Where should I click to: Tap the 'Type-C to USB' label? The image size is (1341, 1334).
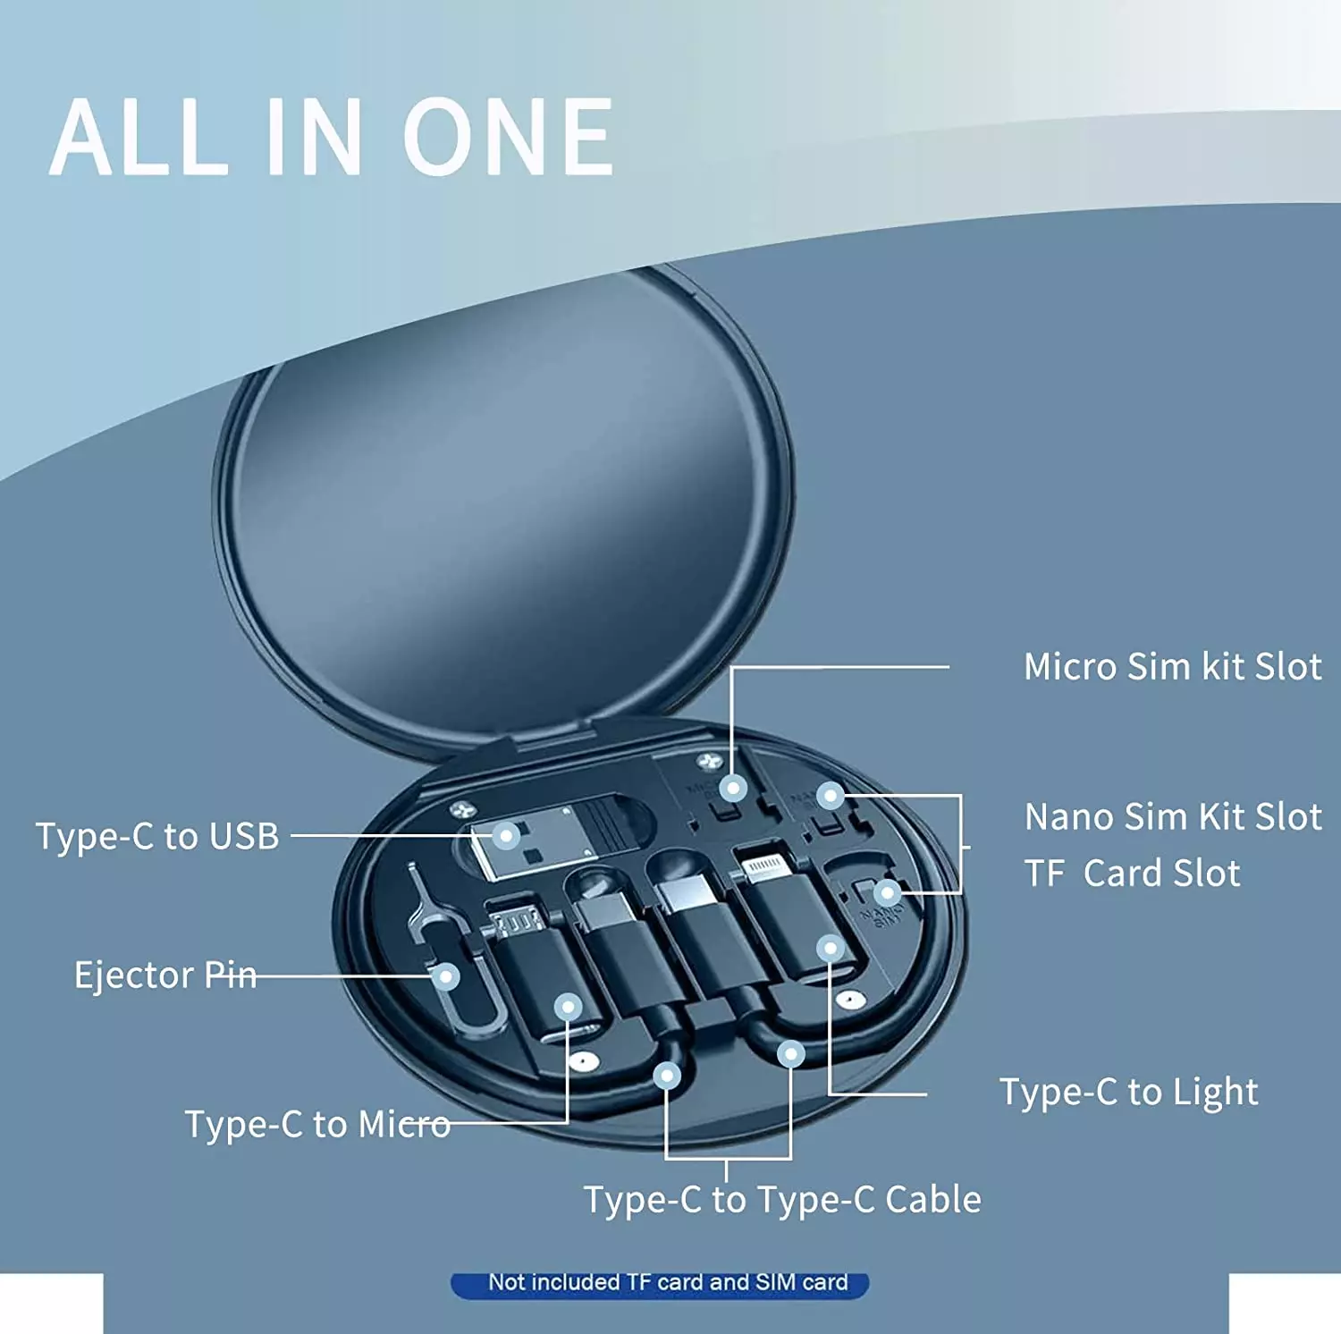157,836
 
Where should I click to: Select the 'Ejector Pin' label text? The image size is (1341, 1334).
165,975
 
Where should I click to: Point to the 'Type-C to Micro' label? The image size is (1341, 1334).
317,1124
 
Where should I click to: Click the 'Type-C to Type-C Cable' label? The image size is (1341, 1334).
782,1199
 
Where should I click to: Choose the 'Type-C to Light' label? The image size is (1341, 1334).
1129,1092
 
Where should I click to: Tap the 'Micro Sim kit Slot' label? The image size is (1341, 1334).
1172,667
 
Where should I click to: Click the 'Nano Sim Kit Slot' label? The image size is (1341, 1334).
1172,816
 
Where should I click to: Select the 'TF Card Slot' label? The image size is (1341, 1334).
1132,874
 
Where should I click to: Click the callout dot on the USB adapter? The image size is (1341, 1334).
506,836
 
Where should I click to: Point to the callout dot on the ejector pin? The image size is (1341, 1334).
445,976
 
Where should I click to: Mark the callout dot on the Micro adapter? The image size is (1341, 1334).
568,1008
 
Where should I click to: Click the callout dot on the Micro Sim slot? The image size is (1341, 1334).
733,788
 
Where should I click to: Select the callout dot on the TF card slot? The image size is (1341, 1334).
887,892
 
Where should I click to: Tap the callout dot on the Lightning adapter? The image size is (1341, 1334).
831,948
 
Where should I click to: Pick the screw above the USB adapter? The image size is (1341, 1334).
461,810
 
